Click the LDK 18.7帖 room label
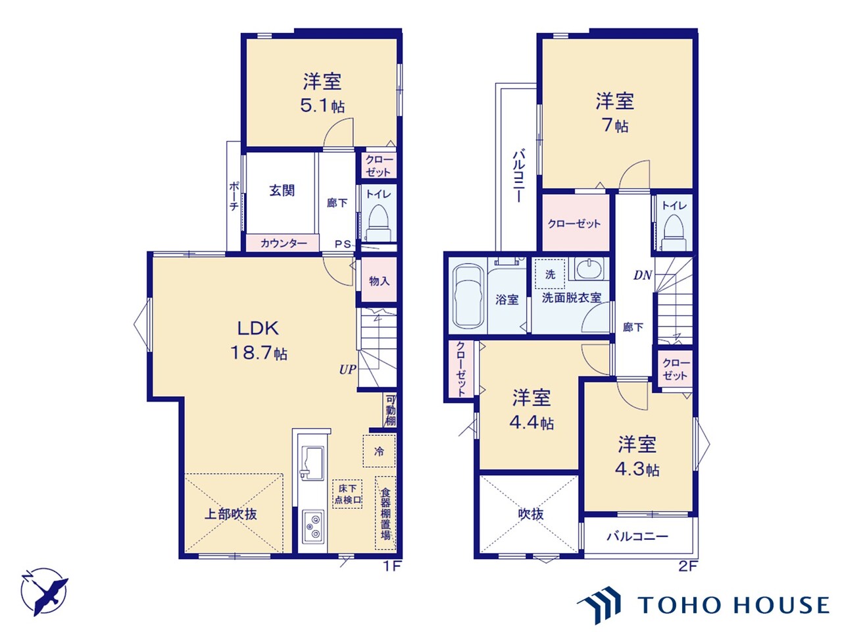(x=259, y=340)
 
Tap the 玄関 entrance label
(x=282, y=191)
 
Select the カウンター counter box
(x=283, y=243)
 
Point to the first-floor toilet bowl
(x=378, y=221)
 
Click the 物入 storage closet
(x=379, y=281)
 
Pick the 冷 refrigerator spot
(x=379, y=452)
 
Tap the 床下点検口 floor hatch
(x=348, y=494)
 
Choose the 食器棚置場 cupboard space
(x=385, y=513)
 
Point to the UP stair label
(x=347, y=369)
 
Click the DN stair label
(x=642, y=275)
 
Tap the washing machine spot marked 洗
(x=550, y=275)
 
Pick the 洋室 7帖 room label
(x=615, y=113)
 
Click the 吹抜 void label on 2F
(x=530, y=514)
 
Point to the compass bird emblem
(x=45, y=590)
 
